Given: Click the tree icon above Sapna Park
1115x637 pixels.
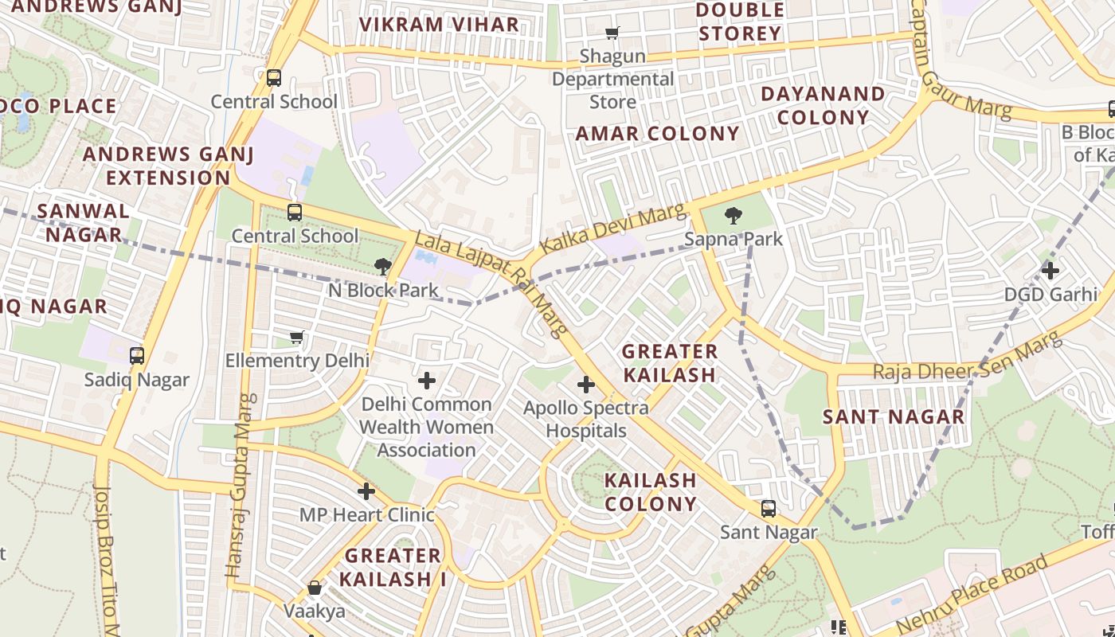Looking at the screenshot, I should pos(733,215).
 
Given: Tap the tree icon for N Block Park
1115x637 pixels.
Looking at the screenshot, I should pos(383,267).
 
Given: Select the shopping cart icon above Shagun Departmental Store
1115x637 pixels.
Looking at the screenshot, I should pos(612,33).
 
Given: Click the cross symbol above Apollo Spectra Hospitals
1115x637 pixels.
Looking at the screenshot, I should pos(586,385).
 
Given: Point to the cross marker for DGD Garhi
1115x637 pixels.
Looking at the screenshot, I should pos(1050,271).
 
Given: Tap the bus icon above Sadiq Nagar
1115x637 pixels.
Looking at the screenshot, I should pos(137,356).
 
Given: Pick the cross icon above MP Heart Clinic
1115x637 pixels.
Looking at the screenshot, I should pos(366,491).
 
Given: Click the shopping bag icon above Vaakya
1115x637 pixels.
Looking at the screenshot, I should pos(315,588).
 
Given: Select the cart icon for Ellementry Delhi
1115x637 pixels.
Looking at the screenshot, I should pos(297,338).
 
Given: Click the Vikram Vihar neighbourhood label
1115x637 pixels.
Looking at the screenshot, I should pos(439,25).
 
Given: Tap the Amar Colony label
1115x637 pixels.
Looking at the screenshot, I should pos(657,134).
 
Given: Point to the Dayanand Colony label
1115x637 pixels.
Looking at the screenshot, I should pos(823,105).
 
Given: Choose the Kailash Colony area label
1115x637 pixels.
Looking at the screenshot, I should pos(650,492).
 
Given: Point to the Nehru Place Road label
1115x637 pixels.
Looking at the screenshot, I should pos(972,594).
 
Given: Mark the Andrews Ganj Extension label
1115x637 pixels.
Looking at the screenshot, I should pos(168,166).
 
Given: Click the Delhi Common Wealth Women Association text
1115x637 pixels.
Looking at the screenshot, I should pos(426,427).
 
